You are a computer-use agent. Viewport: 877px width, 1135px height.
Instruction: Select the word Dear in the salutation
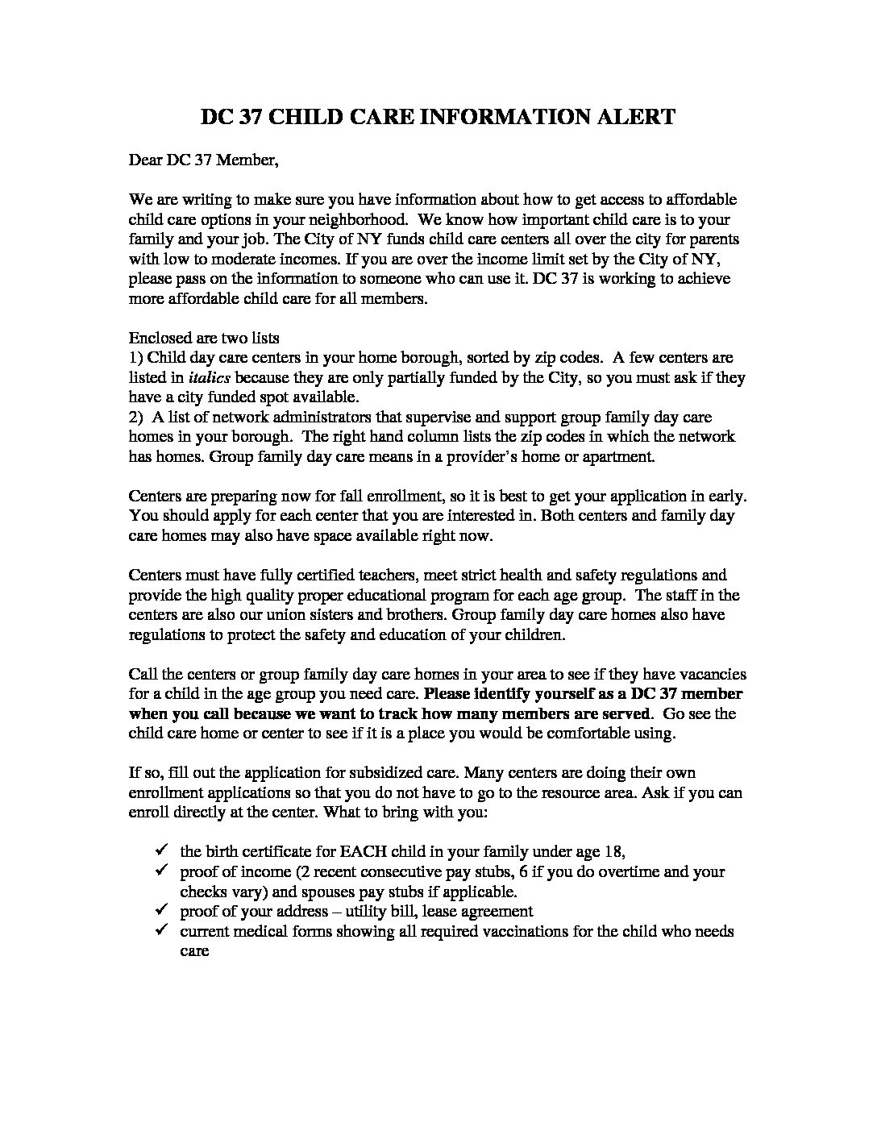click(x=145, y=160)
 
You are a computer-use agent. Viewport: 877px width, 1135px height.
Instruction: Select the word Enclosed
click(x=156, y=338)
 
